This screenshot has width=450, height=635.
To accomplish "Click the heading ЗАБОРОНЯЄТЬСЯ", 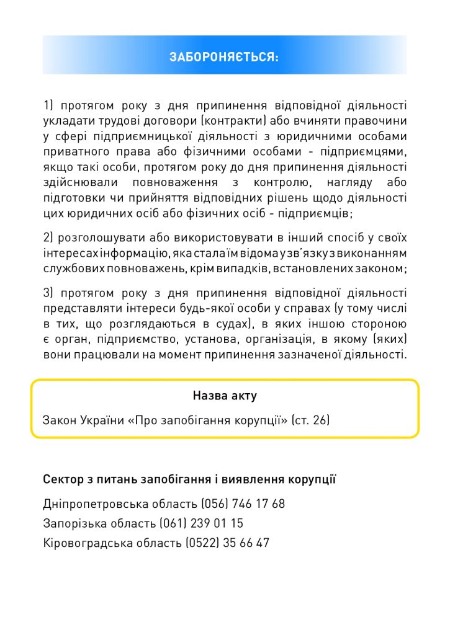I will [x=224, y=57].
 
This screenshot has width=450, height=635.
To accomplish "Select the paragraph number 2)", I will [x=49, y=238].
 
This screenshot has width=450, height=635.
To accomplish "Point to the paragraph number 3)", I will [x=49, y=293].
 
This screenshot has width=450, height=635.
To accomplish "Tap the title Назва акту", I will [x=225, y=396].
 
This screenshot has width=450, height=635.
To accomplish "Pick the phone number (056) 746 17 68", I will [x=243, y=504].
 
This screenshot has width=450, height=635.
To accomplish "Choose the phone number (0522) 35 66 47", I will [x=227, y=543].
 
